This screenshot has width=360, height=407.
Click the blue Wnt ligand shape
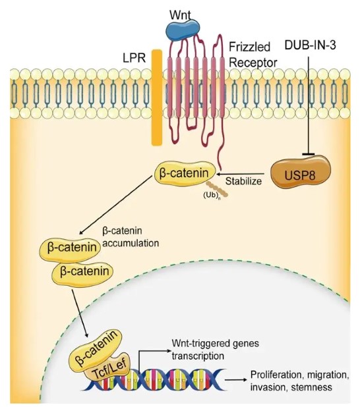click(183, 30)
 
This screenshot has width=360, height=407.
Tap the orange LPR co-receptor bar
click(157, 97)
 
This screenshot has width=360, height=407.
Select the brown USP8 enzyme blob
click(301, 173)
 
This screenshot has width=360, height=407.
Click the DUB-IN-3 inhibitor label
click(311, 45)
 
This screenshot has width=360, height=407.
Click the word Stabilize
click(243, 181)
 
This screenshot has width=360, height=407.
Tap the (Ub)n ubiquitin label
click(210, 196)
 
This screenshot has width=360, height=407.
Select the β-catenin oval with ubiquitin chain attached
click(185, 173)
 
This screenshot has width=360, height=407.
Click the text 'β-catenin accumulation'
click(131, 237)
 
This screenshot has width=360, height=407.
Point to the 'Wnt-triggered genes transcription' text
click(215, 350)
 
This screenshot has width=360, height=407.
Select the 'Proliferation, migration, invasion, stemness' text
click(299, 381)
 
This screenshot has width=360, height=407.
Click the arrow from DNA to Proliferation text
click(235, 380)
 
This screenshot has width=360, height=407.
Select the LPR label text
click(134, 57)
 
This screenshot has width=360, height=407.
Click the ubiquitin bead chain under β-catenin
click(218, 190)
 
